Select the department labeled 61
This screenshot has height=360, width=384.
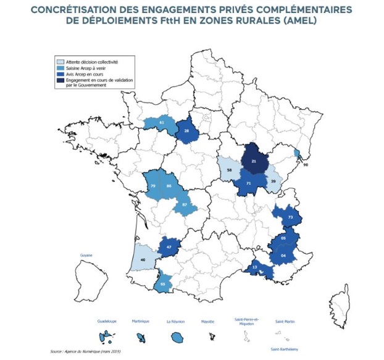[x=161, y=123]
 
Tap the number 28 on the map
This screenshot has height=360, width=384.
[x=186, y=131]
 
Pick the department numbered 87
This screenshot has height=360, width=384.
[x=184, y=204]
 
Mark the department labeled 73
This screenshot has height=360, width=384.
[x=290, y=217]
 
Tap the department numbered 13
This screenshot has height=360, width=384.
[x=254, y=267]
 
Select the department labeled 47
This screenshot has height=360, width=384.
[x=168, y=247]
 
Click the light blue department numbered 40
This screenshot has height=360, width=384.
[x=144, y=260]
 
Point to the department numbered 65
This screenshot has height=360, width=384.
[x=162, y=284]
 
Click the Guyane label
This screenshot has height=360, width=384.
[x=86, y=254]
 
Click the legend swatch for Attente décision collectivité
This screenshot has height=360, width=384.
[x=59, y=62]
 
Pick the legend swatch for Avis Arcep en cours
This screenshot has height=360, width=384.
[x=59, y=73]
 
